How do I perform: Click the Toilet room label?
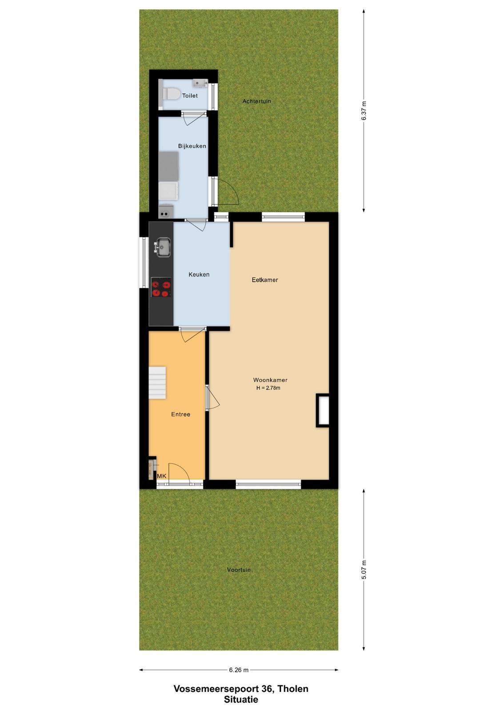pos(190,95)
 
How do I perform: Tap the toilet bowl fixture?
pos(169,94)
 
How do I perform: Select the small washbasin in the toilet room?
pos(200,83)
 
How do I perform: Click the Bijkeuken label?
pos(192,146)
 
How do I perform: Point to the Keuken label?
pos(199,274)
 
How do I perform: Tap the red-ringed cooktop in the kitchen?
pos(161,287)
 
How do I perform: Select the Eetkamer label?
pos(265,280)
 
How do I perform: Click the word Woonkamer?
pos(270,380)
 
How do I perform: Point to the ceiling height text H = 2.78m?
pos(268,388)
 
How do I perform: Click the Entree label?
pos(180,414)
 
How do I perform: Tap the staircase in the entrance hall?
pos(157,383)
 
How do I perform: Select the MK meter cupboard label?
pos(162,476)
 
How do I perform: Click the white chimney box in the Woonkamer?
pos(323,411)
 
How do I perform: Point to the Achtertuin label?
pos(257,101)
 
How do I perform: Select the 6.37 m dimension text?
pos(364,111)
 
